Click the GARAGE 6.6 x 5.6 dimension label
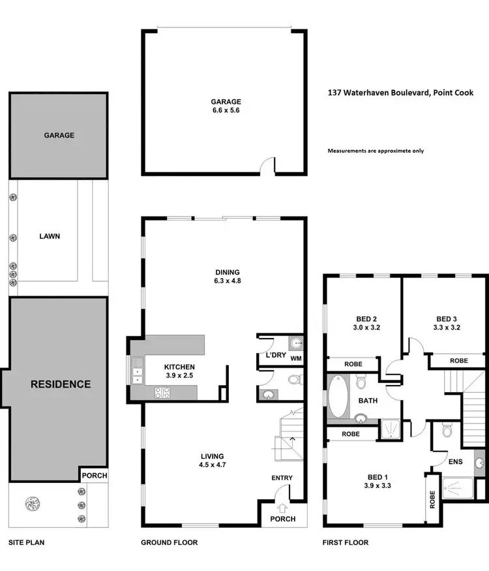click(226, 106)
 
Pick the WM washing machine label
click(296, 358)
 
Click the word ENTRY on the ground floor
click(282, 478)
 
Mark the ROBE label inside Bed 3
click(459, 360)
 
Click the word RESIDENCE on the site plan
click(61, 384)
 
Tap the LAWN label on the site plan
click(49, 236)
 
